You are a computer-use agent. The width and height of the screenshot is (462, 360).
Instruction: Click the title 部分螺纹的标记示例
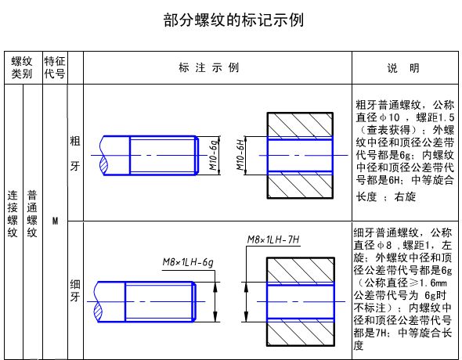coord(233,20)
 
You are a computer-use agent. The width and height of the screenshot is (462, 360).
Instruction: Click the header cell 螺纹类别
coord(22,67)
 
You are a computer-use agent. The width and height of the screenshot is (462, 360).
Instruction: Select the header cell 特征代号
coord(55,67)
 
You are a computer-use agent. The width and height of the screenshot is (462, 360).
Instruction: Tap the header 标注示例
coord(208,68)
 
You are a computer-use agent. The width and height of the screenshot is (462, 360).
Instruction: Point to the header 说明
coord(403,68)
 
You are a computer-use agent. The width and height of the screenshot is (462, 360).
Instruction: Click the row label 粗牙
coord(75,153)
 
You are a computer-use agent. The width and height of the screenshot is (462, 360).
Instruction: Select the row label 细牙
coord(75,290)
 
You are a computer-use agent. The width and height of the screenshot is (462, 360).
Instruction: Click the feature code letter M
coord(55,221)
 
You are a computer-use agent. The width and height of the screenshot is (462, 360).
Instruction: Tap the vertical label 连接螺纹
coord(13,214)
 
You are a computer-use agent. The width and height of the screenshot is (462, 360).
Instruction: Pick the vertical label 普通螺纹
coord(32,214)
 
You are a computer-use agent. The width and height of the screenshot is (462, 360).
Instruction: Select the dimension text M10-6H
coord(240,153)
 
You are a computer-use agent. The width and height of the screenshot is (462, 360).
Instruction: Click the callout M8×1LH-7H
coord(273,239)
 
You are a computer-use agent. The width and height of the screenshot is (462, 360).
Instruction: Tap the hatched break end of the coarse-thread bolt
coord(103,165)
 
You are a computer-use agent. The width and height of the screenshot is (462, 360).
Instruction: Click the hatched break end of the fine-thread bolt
coord(99,312)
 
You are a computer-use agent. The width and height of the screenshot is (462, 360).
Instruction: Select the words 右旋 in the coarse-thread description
coord(405,196)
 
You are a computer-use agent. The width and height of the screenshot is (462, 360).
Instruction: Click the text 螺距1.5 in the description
coord(435,117)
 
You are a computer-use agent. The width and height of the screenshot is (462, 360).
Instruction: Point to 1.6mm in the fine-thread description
coord(433,283)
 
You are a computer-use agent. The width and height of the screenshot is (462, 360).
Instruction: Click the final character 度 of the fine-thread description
coord(359,345)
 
